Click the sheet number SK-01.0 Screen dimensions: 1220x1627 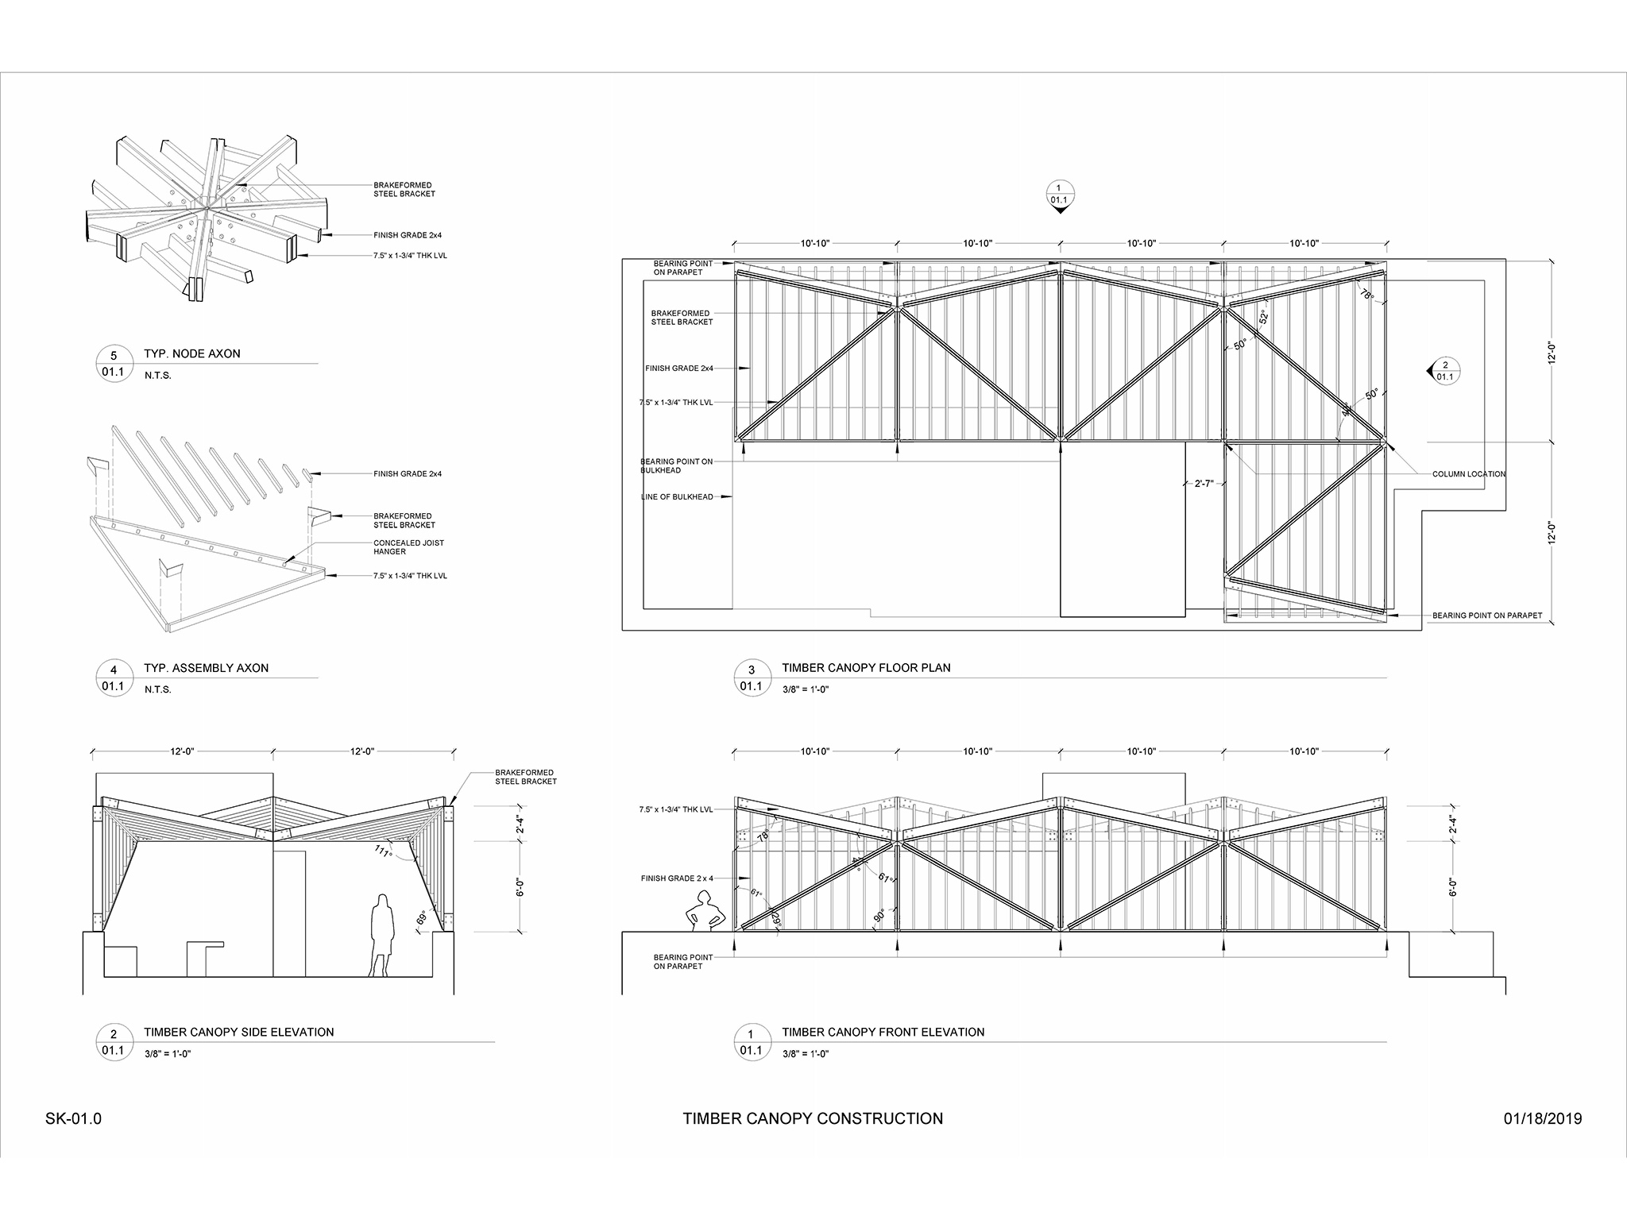point(74,1119)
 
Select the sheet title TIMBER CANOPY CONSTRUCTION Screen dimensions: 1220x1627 point(813,1119)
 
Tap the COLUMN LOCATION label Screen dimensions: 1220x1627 point(1468,474)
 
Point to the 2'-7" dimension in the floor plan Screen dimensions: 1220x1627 point(1204,483)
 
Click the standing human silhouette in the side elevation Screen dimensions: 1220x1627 point(382,935)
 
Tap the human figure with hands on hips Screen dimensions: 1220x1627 point(703,910)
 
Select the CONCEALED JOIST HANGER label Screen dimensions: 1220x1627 point(408,547)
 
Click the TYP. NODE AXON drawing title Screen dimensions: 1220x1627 point(191,354)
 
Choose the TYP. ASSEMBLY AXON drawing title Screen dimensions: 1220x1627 point(206,668)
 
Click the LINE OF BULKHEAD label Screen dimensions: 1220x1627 point(677,497)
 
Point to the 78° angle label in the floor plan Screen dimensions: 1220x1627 point(1366,293)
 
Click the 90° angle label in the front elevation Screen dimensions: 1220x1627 point(879,915)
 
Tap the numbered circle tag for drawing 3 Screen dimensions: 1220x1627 point(751,678)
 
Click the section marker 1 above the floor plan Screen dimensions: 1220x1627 point(1060,195)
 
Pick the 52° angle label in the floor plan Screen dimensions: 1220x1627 point(1263,317)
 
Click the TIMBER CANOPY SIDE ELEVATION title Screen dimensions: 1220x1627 point(238,1032)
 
